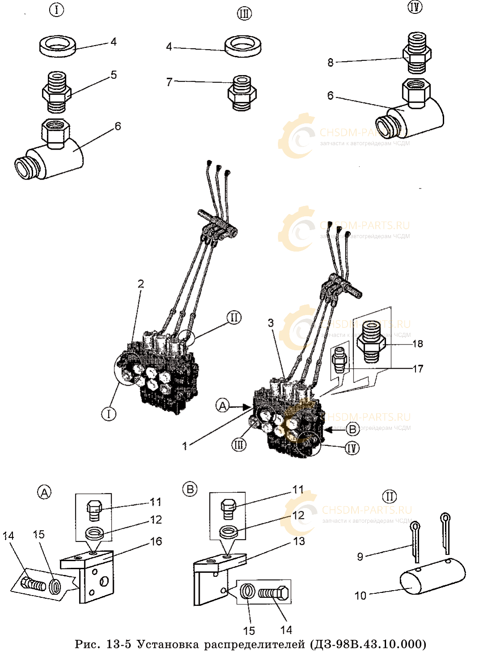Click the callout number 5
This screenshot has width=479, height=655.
click(114, 75)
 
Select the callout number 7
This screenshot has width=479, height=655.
click(169, 82)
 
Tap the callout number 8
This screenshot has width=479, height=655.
click(330, 63)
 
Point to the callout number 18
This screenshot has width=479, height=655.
click(417, 344)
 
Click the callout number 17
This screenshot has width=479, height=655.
click(417, 369)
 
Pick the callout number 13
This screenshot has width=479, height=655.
click(299, 541)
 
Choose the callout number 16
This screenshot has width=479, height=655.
click(156, 542)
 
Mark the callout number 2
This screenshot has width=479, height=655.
click(141, 284)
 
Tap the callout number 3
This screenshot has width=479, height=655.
click(271, 323)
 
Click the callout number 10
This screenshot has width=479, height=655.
click(360, 596)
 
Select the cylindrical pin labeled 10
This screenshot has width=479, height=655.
click(432, 577)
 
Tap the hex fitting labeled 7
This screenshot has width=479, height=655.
click(242, 93)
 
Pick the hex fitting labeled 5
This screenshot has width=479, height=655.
click(56, 92)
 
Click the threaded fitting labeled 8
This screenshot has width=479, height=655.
click(416, 52)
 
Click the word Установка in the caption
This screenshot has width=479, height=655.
click(168, 644)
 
